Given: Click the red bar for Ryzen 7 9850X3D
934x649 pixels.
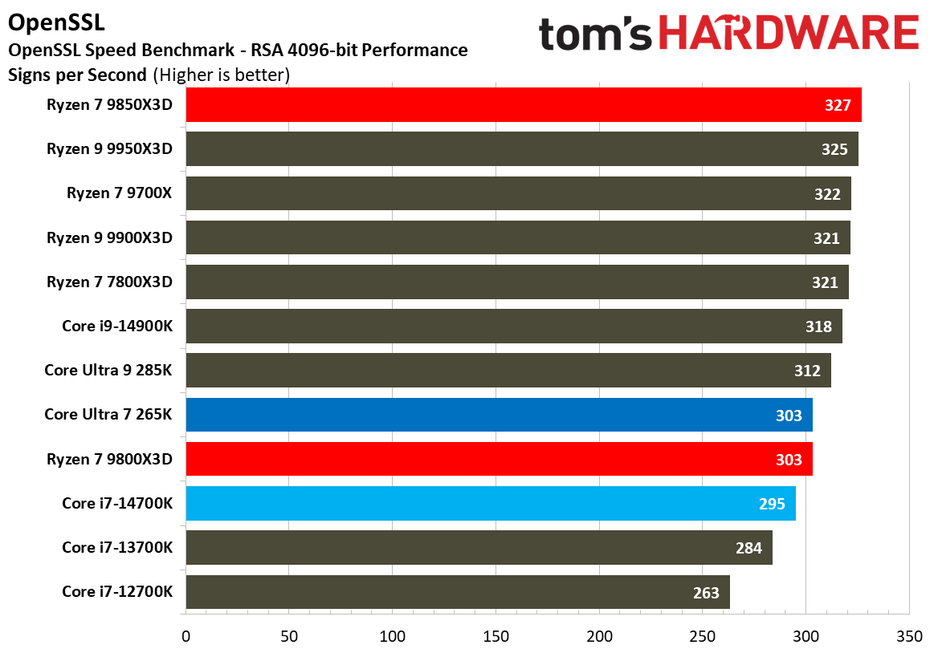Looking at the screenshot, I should pos(522,105).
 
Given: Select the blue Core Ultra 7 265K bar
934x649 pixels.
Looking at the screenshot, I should pos(498,415).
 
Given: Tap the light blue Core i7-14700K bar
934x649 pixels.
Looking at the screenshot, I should pos(490,504).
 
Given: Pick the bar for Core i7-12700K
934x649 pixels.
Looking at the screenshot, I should pos(458,592).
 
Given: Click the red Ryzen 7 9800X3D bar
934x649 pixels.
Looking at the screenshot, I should pos(498,459).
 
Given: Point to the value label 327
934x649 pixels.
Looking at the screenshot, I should pos(838,106).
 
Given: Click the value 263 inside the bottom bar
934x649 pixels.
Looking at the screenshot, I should pos(706,593).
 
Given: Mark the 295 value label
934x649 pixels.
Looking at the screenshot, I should pos(772,504).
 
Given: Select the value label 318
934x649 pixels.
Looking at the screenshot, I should pos(818,327).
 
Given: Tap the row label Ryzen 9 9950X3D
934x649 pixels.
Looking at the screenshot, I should pos(109,149).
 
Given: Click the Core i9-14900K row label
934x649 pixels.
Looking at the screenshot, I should pos(117,327).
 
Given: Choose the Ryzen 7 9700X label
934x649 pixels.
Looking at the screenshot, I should pos(120,193).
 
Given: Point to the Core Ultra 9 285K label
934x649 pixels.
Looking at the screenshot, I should pos(108,371).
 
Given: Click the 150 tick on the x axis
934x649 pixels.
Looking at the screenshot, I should pos(496,636).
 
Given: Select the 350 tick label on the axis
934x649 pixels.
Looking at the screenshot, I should pos(909,636).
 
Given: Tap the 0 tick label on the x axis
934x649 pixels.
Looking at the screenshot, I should pos(186,636).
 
